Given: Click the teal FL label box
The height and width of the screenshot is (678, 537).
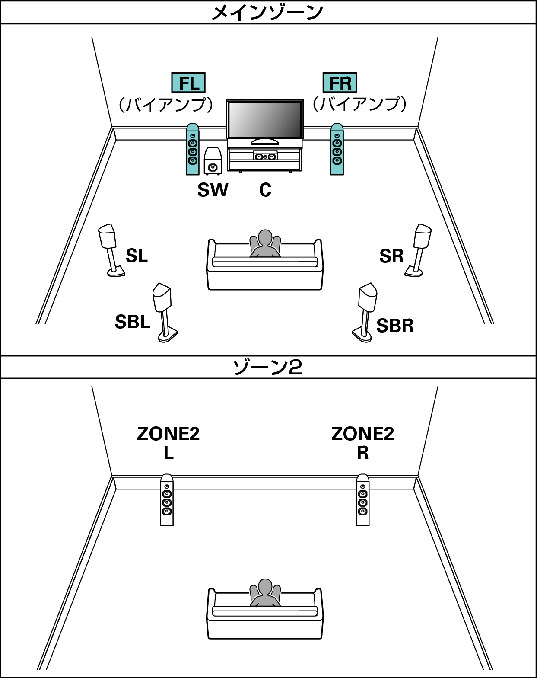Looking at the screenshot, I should click(x=188, y=83).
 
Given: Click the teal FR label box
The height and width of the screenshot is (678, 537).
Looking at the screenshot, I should click(x=340, y=83).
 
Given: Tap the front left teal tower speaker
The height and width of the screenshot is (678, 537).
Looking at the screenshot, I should click(x=193, y=150).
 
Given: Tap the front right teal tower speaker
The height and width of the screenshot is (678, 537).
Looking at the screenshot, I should click(x=337, y=150).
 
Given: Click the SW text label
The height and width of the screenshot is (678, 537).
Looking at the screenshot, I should click(x=213, y=190).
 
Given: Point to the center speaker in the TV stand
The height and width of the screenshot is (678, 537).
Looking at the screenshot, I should click(x=265, y=156).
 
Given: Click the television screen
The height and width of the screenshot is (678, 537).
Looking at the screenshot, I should click(x=264, y=120).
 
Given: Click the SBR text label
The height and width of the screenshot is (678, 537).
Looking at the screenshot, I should click(x=394, y=326).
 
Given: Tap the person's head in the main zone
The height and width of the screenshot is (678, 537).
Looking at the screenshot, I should click(x=265, y=238).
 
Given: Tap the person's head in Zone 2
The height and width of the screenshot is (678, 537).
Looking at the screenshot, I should click(x=265, y=587).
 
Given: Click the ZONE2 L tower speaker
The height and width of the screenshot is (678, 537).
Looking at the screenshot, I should click(x=167, y=500).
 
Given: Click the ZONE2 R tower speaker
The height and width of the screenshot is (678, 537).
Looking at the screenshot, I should click(x=363, y=500).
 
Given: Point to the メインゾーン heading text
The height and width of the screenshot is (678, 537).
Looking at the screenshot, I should click(x=267, y=12).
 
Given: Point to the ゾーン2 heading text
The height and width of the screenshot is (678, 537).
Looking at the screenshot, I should click(x=267, y=368).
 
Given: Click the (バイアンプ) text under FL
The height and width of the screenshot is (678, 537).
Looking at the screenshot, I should click(x=166, y=105).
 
